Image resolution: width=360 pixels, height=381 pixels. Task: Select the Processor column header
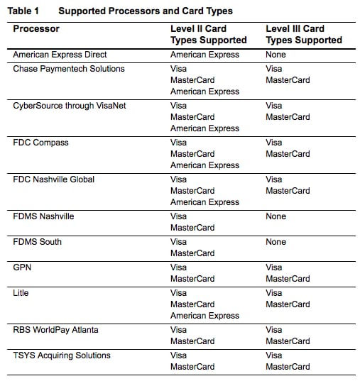pos(36,29)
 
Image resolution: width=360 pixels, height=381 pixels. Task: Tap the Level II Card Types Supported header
pos(209,35)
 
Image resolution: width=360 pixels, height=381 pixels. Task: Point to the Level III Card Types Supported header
pos(303,35)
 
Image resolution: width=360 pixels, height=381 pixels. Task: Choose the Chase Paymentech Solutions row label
pos(69,69)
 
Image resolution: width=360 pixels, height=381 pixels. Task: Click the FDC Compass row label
pos(41,143)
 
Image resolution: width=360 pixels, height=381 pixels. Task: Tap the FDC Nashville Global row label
pos(54,180)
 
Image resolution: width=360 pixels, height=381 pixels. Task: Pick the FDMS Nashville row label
pos(44,216)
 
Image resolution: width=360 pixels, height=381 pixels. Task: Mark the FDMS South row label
pos(38,242)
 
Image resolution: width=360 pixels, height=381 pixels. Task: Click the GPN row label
pos(23,267)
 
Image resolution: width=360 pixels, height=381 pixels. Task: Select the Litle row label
pos(22,293)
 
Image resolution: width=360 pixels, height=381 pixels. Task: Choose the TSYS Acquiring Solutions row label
pos(62,355)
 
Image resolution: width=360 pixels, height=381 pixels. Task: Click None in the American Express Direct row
pos(276,55)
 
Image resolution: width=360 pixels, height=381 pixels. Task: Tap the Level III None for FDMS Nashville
pos(276,216)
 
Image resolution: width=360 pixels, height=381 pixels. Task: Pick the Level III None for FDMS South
pos(276,242)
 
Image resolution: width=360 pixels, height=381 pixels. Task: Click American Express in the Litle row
pos(204,316)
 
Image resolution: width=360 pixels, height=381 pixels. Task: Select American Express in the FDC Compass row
pos(204,165)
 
